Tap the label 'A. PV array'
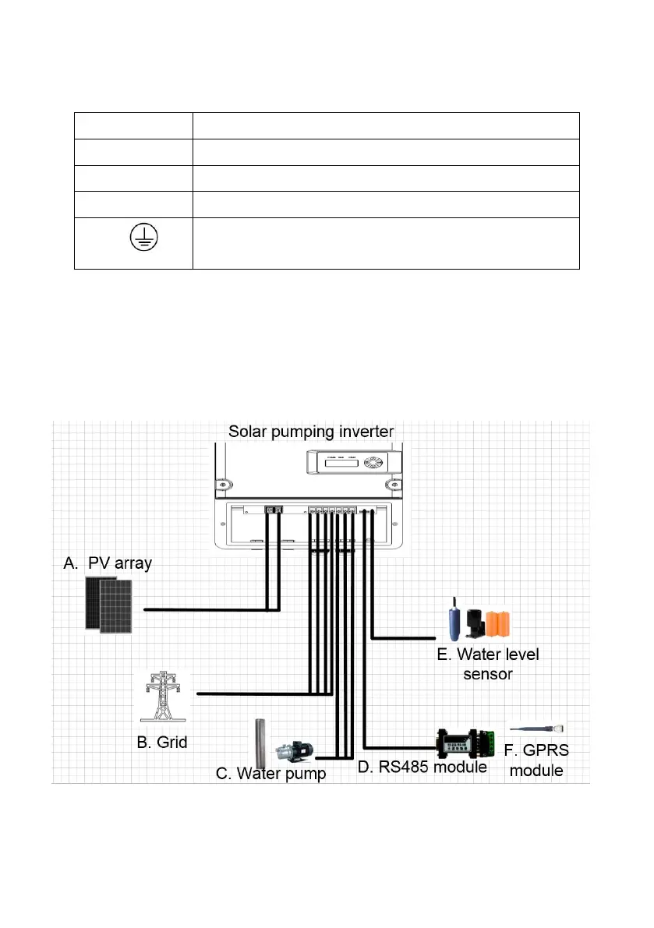[x=108, y=563]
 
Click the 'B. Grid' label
[x=162, y=742]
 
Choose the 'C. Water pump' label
[x=270, y=774]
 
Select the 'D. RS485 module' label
[x=422, y=767]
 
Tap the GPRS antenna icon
[x=537, y=728]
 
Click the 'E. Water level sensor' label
[x=487, y=663]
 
